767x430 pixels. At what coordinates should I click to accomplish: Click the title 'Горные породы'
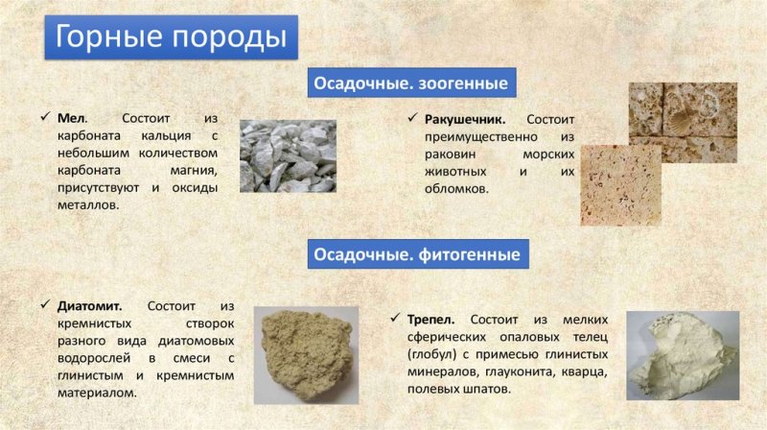tap(171, 37)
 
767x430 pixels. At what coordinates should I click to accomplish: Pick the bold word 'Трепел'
tap(435, 318)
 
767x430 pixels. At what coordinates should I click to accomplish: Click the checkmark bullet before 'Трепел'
tap(398, 318)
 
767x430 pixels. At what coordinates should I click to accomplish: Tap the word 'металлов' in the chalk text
tap(85, 205)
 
